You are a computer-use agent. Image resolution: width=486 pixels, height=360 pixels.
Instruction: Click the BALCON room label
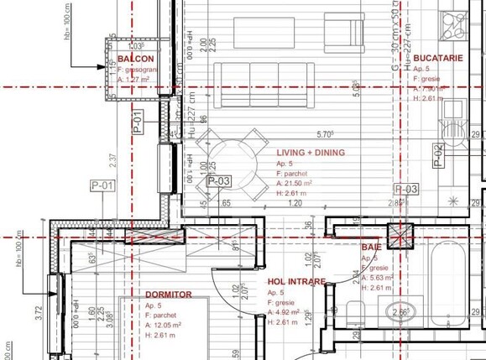pos(135,59)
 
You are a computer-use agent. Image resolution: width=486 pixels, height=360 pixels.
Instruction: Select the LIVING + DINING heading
pos(310,153)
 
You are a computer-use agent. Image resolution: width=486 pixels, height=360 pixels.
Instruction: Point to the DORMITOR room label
pos(169,295)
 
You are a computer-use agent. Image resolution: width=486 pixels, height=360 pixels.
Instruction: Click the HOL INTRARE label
pos(296,282)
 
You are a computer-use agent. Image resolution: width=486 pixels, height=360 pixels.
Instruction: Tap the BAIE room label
pos(371,248)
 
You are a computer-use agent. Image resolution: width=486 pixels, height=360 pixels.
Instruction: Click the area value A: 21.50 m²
pos(295,183)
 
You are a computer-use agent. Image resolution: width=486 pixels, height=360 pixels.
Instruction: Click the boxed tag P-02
pos(438,154)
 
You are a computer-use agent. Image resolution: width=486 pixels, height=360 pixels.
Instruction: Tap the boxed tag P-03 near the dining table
pos(218,180)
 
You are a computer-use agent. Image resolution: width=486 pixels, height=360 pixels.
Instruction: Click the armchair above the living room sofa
pos(340,34)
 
